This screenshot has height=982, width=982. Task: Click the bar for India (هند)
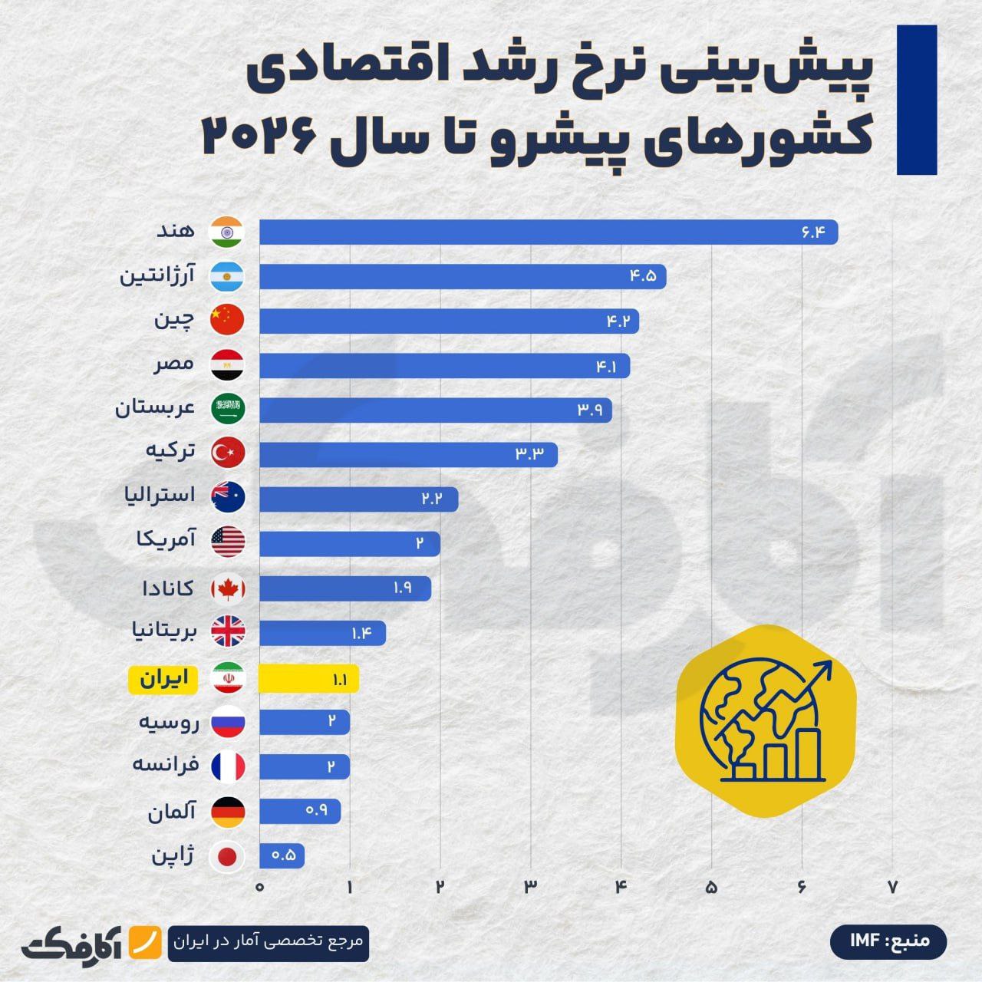click(548, 232)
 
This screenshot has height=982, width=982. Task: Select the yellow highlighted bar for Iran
click(308, 679)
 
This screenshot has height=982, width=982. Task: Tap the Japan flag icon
click(228, 856)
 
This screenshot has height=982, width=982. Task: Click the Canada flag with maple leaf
click(228, 589)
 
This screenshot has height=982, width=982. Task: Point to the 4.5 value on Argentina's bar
click(643, 276)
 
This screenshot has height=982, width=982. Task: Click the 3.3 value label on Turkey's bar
click(529, 454)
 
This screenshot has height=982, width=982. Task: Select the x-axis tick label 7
click(892, 887)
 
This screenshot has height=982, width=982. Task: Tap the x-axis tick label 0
click(260, 887)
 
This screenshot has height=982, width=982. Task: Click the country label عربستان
click(156, 407)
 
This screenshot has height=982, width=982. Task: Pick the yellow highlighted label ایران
click(163, 679)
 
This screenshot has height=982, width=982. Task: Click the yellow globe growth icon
click(764, 721)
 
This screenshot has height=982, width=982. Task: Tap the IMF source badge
click(888, 941)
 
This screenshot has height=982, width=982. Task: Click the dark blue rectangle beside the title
click(917, 100)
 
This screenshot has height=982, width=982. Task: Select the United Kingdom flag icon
click(228, 633)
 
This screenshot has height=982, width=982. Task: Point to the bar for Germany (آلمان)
click(300, 811)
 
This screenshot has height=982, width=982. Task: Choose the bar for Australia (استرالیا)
click(358, 499)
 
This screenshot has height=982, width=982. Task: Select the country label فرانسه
click(166, 764)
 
